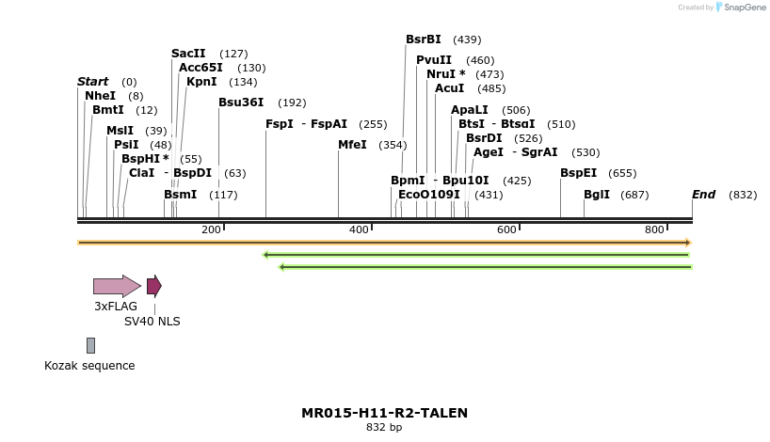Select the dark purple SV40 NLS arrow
(x=153, y=286)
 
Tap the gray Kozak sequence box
(x=90, y=345)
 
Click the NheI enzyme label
(x=100, y=96)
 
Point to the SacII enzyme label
(x=188, y=54)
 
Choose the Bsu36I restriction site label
(x=241, y=103)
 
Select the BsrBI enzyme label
(x=423, y=39)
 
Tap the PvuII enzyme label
(x=434, y=60)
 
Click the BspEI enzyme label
(x=578, y=173)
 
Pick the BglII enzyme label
(x=597, y=195)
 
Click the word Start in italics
(x=92, y=82)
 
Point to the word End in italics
(x=703, y=195)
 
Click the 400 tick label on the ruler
(x=359, y=230)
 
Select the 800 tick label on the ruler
(x=654, y=230)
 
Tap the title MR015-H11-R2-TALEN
(x=384, y=413)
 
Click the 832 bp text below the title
(x=384, y=428)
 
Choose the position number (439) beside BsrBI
(x=467, y=39)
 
